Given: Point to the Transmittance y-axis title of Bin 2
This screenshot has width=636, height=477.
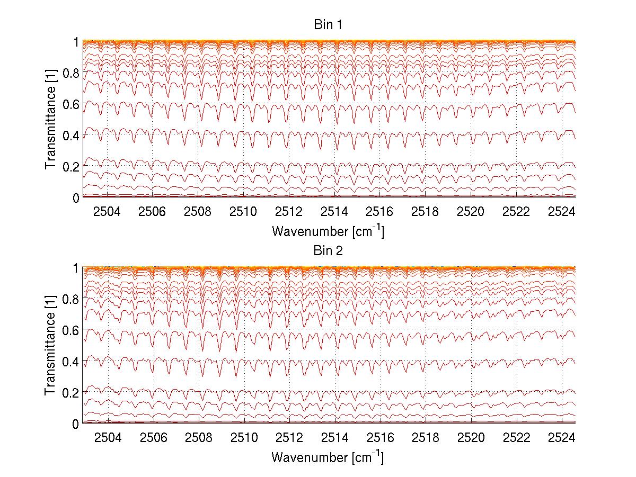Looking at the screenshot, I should pyautogui.click(x=50, y=346).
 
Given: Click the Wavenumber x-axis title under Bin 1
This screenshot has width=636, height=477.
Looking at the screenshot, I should pyautogui.click(x=328, y=231).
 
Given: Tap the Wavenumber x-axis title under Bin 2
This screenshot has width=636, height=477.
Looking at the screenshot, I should pyautogui.click(x=328, y=457).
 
